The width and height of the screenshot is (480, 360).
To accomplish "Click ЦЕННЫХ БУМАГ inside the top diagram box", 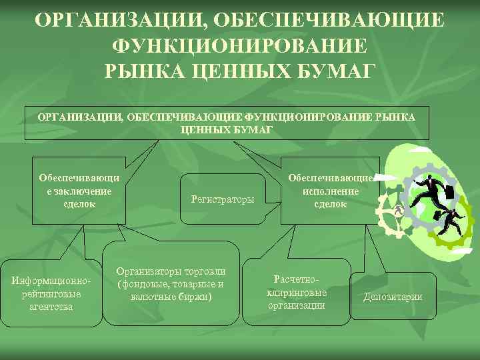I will tap(227, 129).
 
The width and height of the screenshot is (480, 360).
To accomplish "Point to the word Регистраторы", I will tap(222, 199).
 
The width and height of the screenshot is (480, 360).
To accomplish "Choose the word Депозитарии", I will tap(393, 297).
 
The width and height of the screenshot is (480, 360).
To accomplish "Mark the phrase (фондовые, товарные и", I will tap(171, 284).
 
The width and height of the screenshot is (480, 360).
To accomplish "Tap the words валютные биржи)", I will tap(171, 296).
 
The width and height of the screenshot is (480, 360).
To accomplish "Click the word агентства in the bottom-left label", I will tap(51, 307).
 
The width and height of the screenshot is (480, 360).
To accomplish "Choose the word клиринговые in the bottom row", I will tap(297, 293).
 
